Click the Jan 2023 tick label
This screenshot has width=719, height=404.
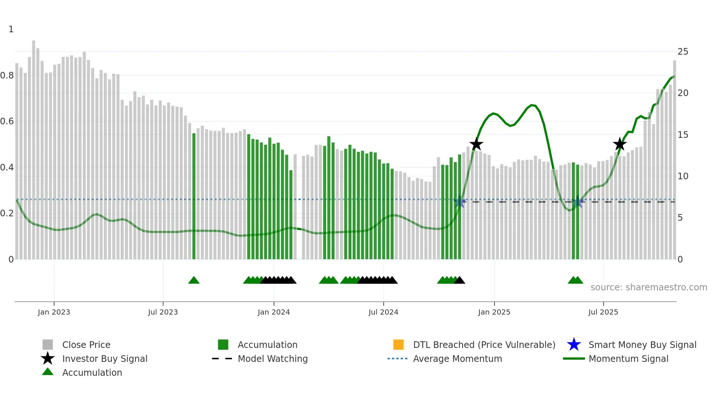54,312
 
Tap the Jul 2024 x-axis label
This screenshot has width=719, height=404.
383,312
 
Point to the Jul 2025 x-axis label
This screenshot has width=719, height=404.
603,312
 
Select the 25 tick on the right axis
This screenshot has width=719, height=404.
683,52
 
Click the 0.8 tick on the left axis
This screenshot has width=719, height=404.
7,76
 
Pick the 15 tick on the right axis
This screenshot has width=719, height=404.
683,135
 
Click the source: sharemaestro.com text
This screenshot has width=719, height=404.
649,287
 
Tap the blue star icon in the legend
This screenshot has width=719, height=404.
574,345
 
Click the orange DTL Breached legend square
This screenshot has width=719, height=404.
398,345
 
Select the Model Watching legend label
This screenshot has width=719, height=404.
273,359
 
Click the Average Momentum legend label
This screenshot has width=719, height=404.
457,359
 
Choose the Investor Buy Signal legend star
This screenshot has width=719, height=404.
48,359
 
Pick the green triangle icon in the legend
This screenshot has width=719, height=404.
48,372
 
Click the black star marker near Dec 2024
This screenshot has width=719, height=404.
476,144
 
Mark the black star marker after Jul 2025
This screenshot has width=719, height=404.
620,144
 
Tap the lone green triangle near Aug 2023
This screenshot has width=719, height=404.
194,280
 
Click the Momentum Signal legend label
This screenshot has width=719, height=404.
628,359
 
